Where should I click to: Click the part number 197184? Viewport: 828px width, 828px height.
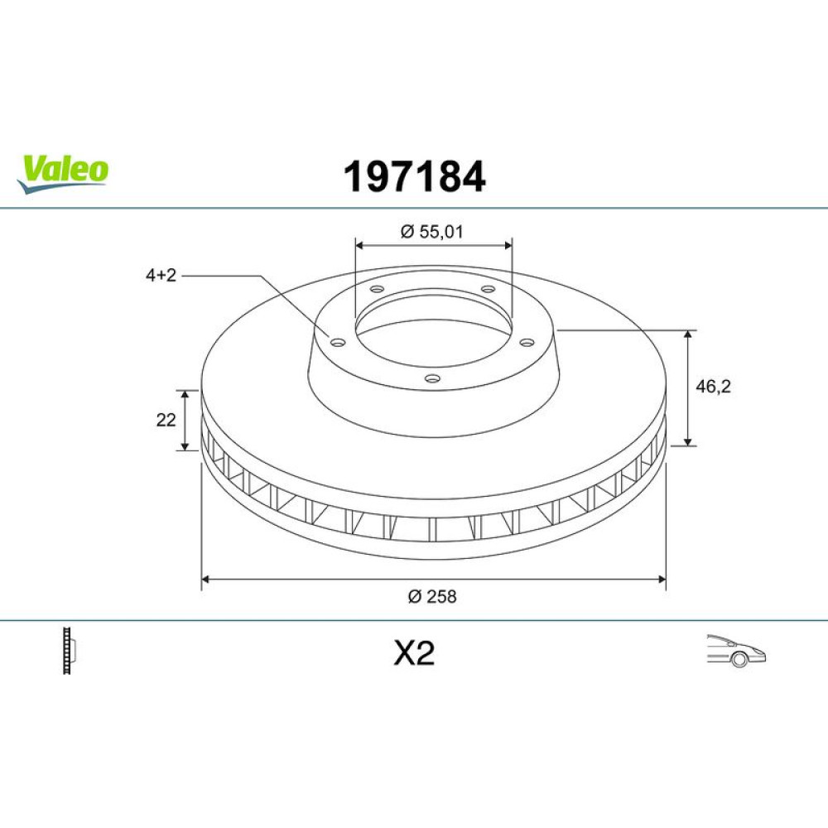pyautogui.click(x=414, y=176)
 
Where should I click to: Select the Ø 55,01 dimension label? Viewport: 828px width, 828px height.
pyautogui.click(x=431, y=231)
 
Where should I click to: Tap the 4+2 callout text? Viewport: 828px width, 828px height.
pyautogui.click(x=161, y=275)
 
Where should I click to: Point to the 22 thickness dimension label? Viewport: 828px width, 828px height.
pyautogui.click(x=166, y=420)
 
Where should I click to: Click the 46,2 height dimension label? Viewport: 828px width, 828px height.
pyautogui.click(x=713, y=387)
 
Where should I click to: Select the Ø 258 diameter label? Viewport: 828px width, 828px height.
pyautogui.click(x=432, y=596)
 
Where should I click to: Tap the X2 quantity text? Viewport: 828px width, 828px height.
pyautogui.click(x=414, y=653)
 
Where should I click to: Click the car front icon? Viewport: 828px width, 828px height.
pyautogui.click(x=735, y=651)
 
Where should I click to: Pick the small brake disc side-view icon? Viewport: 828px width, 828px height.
pyautogui.click(x=70, y=650)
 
